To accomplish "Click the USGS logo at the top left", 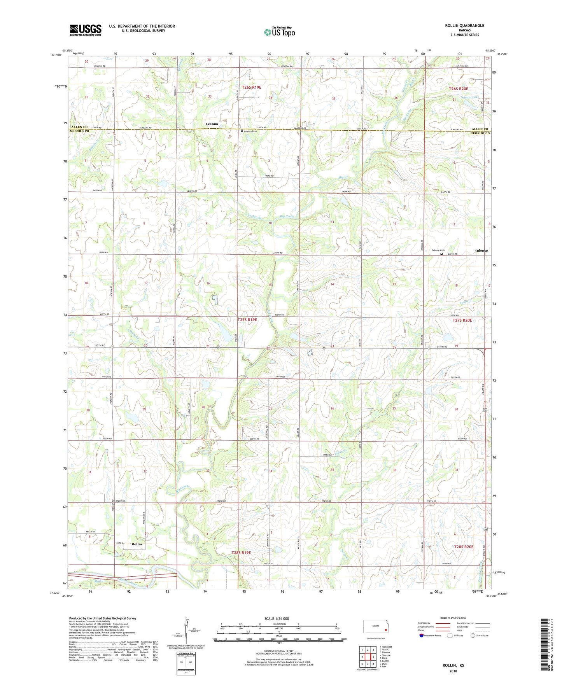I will pos(86,30).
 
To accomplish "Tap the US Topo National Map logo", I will pos(279,32).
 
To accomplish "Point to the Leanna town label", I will pos(212,124).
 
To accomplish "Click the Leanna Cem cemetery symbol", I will pos(242,131).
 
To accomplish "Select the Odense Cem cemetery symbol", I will pos(441,254).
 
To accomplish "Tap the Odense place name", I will pos(481,251).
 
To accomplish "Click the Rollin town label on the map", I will pos(137,544).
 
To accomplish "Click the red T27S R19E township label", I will pos(247,320).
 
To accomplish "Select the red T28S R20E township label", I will pos(464,546).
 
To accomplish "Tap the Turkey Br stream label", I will pos(254,218).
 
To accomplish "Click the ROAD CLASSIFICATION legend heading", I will pos(453,618).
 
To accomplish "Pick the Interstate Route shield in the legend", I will pos(422,635).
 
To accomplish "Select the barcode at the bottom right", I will pos(545,644).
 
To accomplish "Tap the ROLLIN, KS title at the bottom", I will pos(453,665).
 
